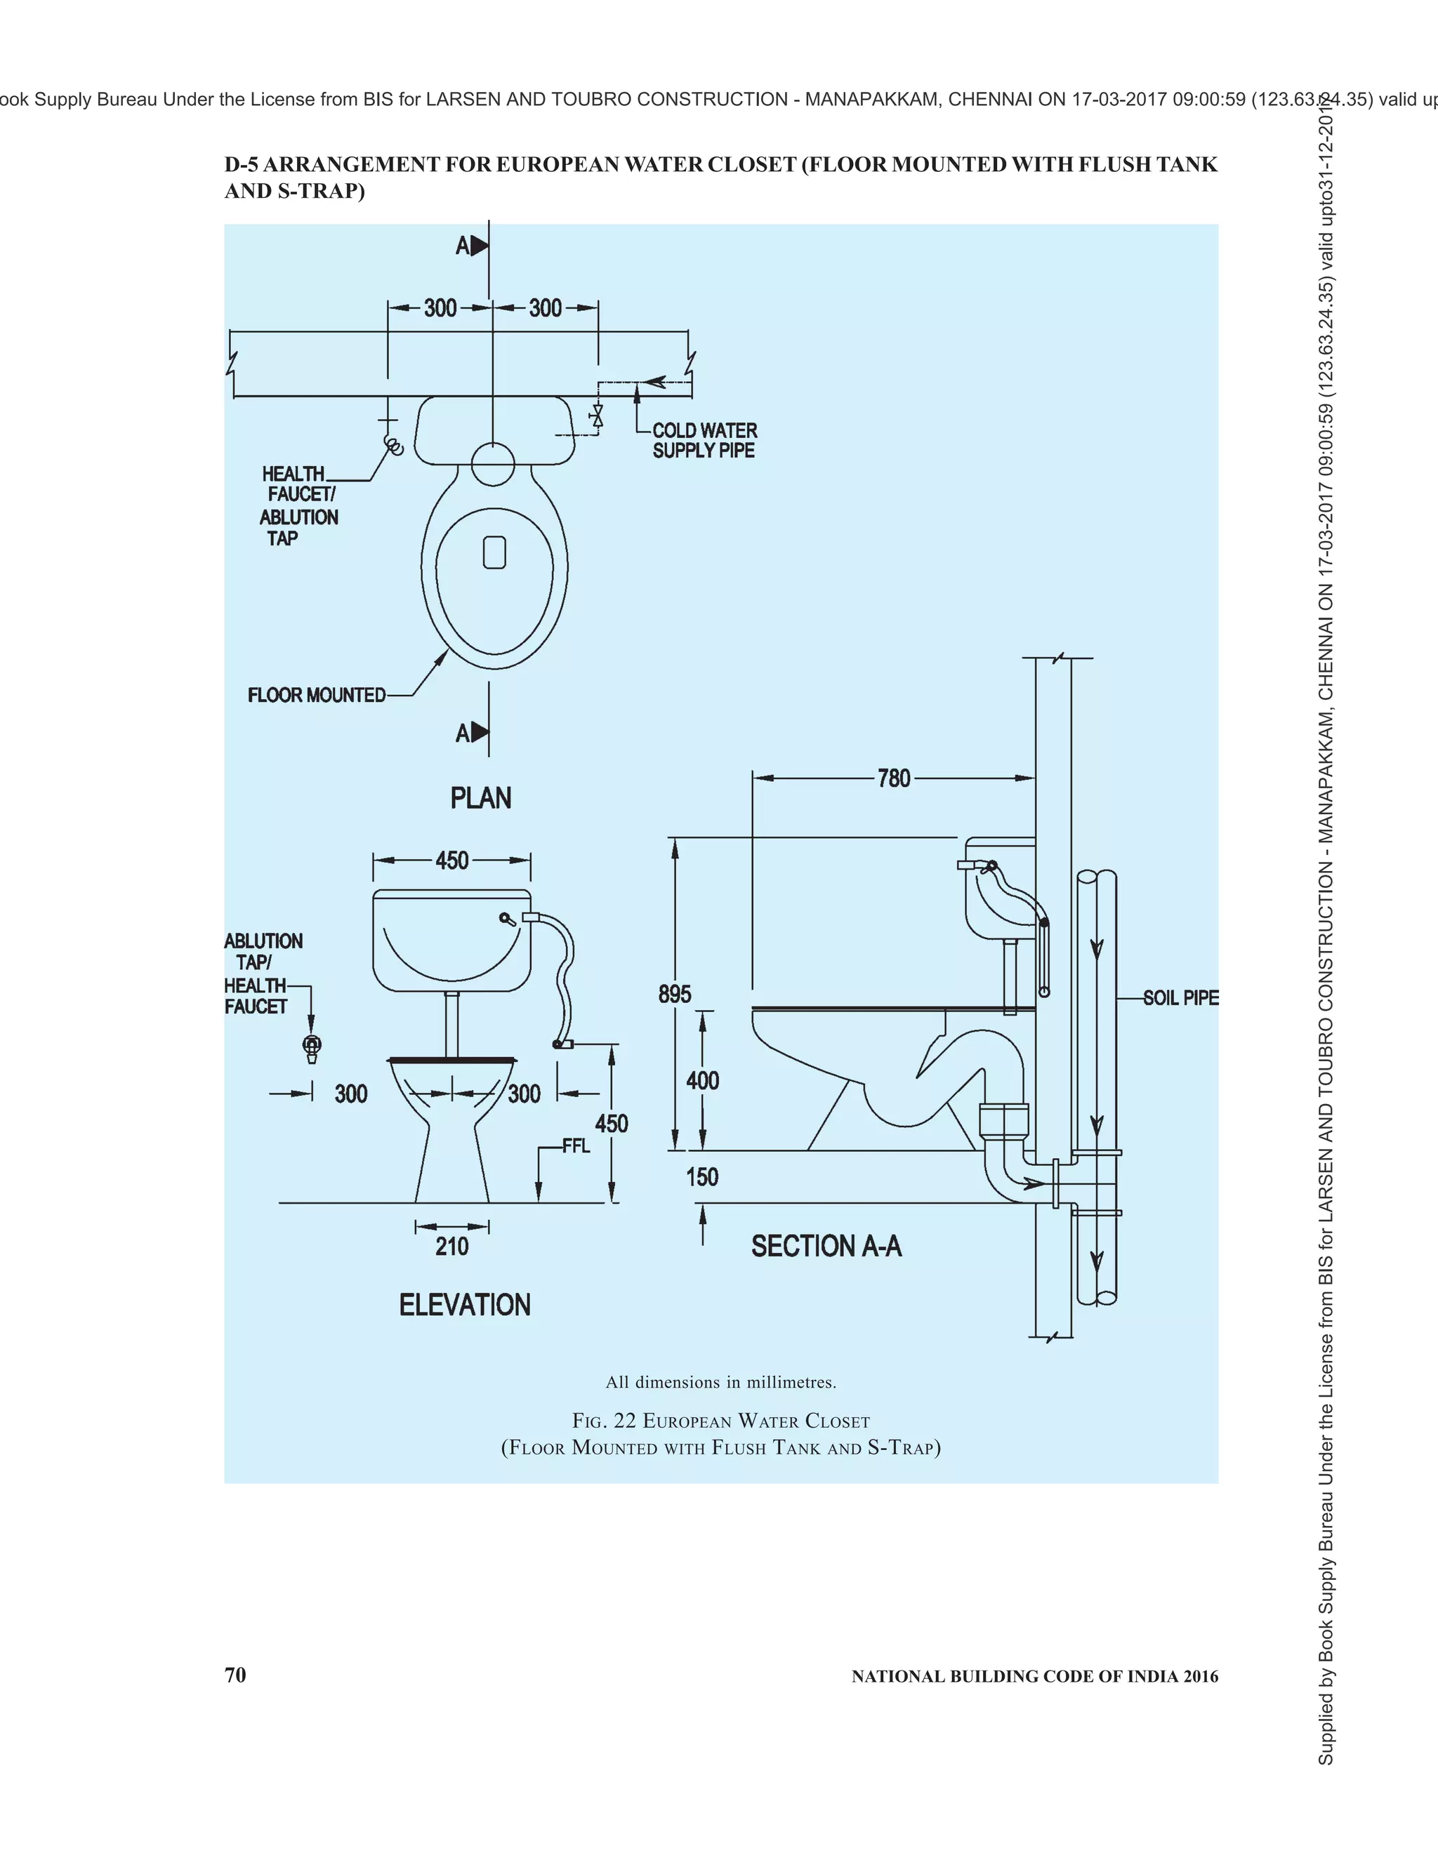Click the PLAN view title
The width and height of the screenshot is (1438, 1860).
click(x=480, y=798)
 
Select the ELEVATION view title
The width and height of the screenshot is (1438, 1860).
click(x=464, y=1305)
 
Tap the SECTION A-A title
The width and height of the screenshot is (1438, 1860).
click(x=826, y=1246)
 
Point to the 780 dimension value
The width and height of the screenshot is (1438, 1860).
click(x=894, y=778)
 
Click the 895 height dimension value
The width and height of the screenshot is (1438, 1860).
click(x=675, y=994)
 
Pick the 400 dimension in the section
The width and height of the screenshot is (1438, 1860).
click(x=703, y=1081)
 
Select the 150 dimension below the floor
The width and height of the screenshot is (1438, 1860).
click(x=703, y=1177)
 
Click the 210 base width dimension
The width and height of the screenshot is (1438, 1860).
click(x=452, y=1247)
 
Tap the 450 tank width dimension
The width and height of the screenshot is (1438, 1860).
click(x=452, y=861)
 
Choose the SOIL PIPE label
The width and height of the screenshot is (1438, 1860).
click(x=1181, y=997)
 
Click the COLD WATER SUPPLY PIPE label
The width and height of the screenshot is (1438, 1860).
click(x=704, y=440)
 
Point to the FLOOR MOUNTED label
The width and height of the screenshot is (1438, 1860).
click(x=317, y=695)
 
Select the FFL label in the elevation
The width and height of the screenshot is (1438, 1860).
click(x=576, y=1146)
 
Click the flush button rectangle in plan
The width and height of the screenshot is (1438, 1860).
click(x=494, y=552)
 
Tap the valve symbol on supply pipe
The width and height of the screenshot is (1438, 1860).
click(x=598, y=416)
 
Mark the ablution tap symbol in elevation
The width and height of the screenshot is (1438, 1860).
click(x=312, y=1047)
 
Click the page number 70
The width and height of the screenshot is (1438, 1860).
click(x=235, y=1674)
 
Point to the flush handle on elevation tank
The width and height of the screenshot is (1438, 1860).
click(x=508, y=919)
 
